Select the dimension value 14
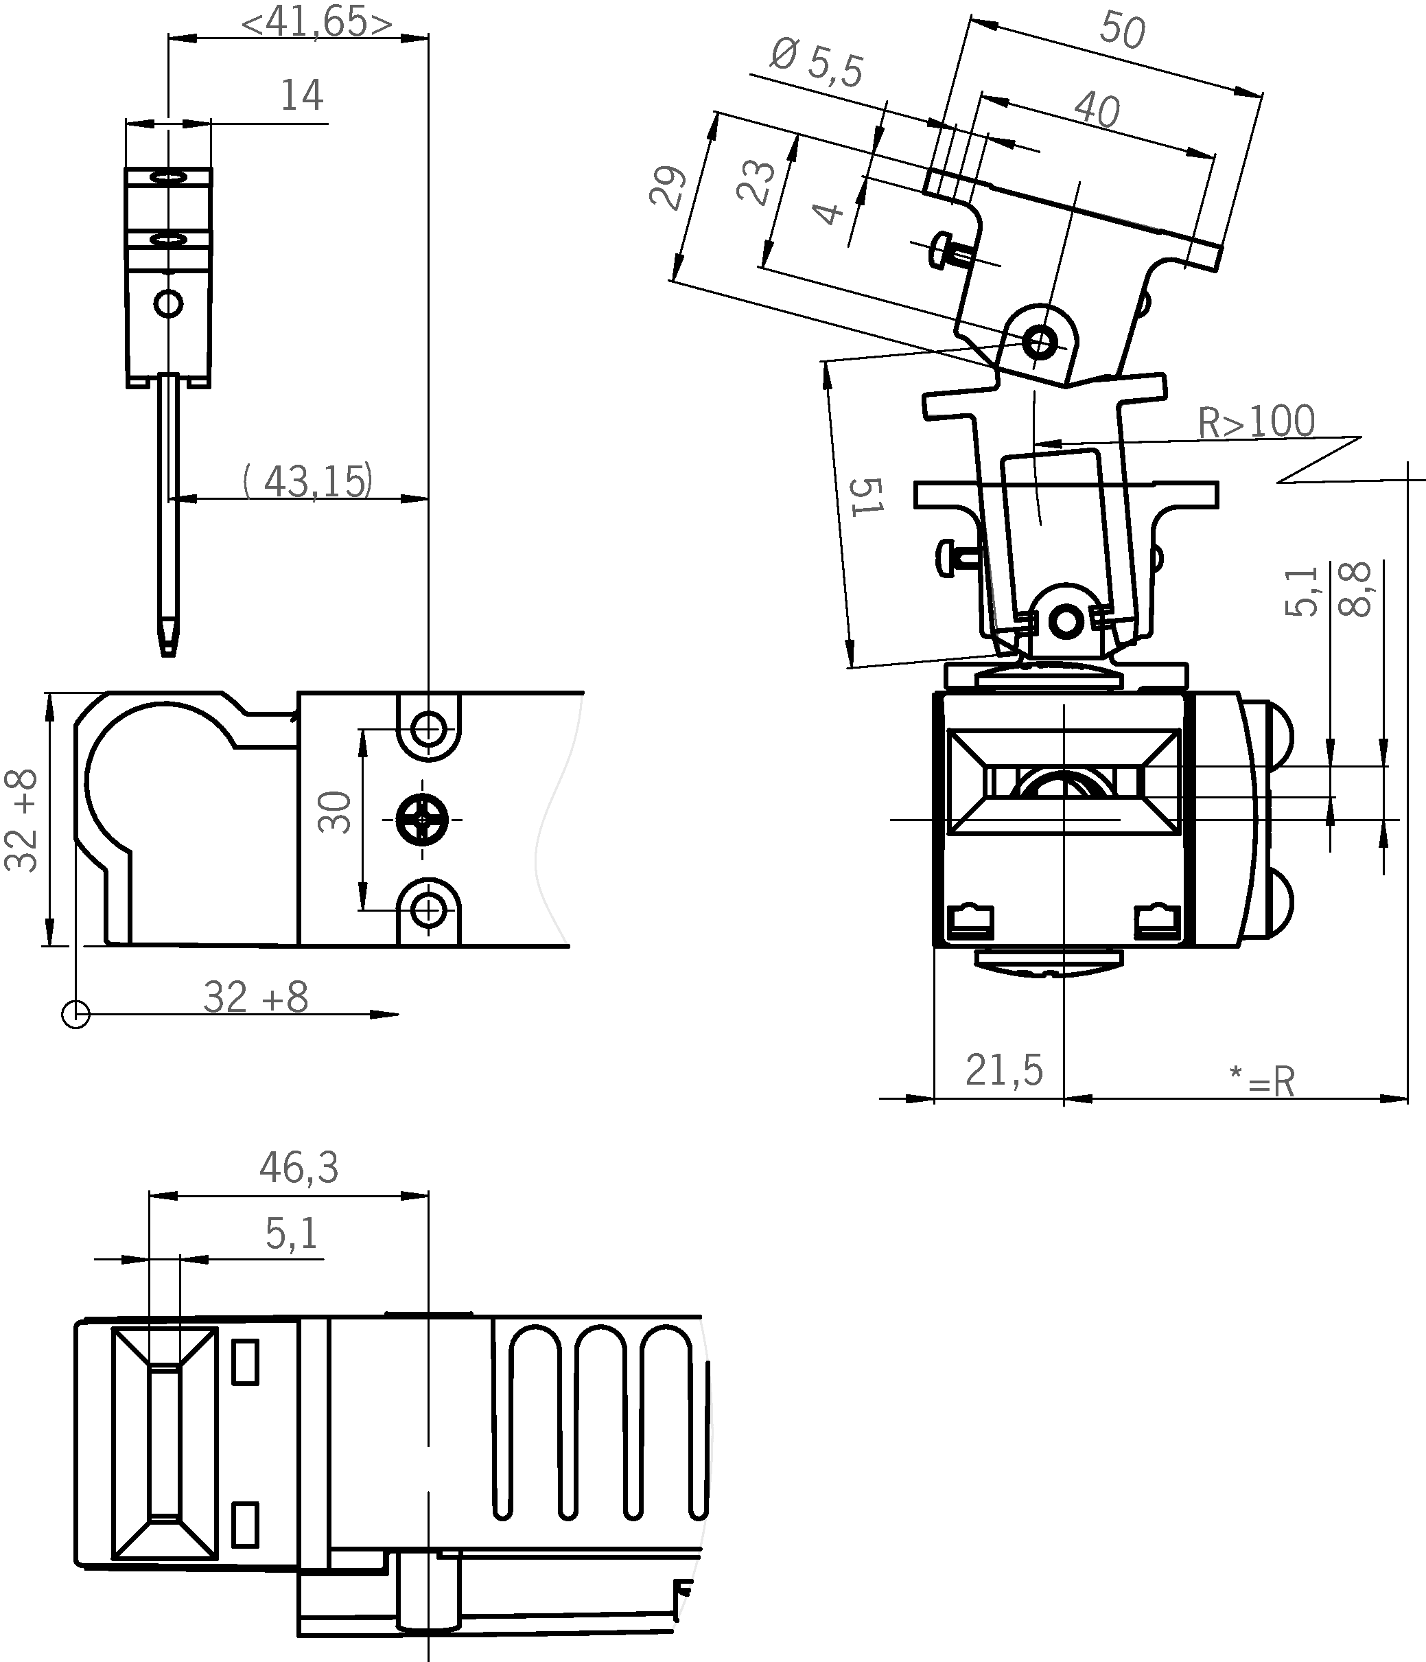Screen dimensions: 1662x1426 pos(301,95)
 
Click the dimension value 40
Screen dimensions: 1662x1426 pos(1097,110)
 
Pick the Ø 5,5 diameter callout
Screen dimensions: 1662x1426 pos(817,63)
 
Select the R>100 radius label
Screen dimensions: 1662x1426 pos(1256,422)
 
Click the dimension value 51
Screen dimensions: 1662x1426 pos(866,496)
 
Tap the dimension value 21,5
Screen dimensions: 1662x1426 pos(1004,1070)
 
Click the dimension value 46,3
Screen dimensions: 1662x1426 pos(299,1168)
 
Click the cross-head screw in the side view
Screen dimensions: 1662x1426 pos(423,820)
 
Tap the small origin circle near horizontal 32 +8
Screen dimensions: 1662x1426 pos(75,1014)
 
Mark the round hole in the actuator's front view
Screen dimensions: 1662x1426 pos(168,304)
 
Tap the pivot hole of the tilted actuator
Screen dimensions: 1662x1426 pos(1040,343)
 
